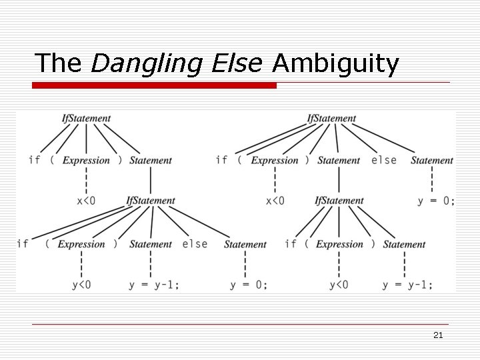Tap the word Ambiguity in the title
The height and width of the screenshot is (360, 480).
[336, 63]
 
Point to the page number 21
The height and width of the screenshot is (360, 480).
[438, 335]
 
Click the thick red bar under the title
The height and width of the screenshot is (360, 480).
[155, 85]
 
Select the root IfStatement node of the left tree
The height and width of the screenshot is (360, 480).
[86, 119]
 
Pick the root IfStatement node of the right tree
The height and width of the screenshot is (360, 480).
[331, 119]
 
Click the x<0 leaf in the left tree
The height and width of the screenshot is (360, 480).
[86, 200]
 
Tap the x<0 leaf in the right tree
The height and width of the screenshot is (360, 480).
[275, 201]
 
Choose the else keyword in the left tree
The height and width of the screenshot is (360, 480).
[195, 244]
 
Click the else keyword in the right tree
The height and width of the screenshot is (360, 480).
[383, 160]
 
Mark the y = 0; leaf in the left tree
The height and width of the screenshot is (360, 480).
[249, 285]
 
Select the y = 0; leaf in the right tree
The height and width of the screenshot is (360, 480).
[436, 201]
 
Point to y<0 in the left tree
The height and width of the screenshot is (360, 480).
[81, 285]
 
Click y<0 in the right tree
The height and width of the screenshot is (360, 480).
[339, 285]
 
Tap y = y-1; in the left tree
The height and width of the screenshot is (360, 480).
[154, 285]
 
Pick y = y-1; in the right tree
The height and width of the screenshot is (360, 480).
[407, 285]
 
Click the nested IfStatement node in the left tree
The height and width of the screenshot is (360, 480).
[151, 201]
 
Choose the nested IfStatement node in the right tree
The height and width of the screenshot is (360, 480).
[339, 201]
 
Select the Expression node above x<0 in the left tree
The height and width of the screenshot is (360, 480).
[86, 160]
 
